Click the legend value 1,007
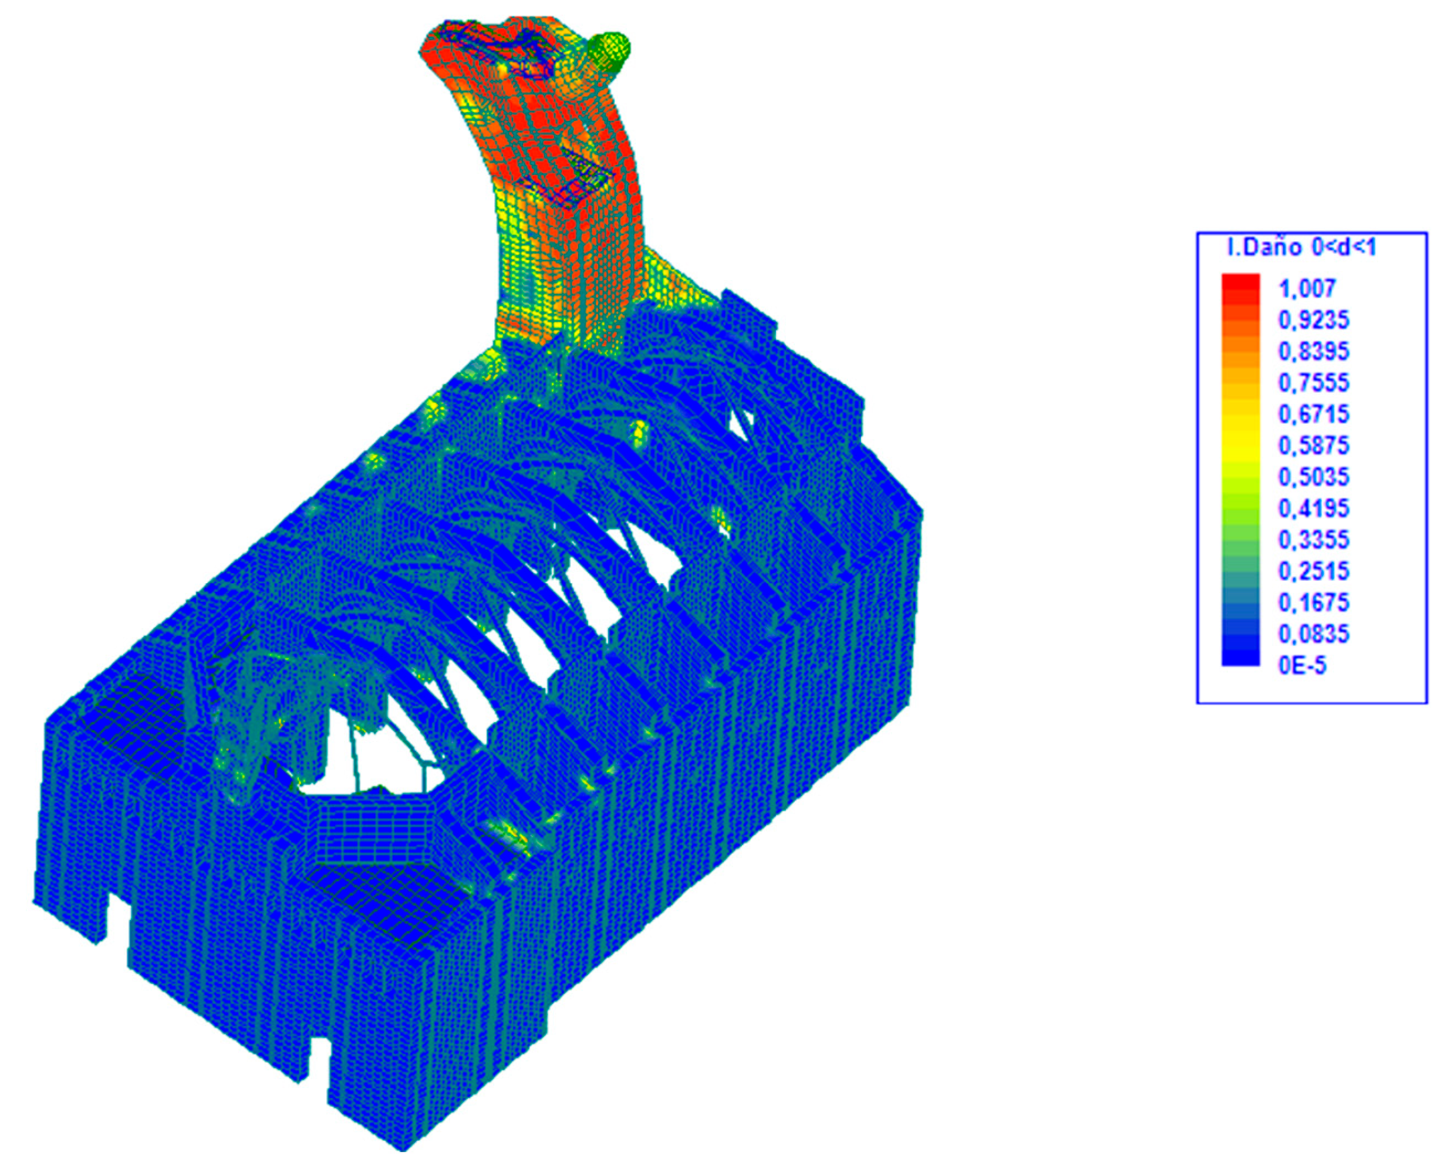(x=1307, y=289)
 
